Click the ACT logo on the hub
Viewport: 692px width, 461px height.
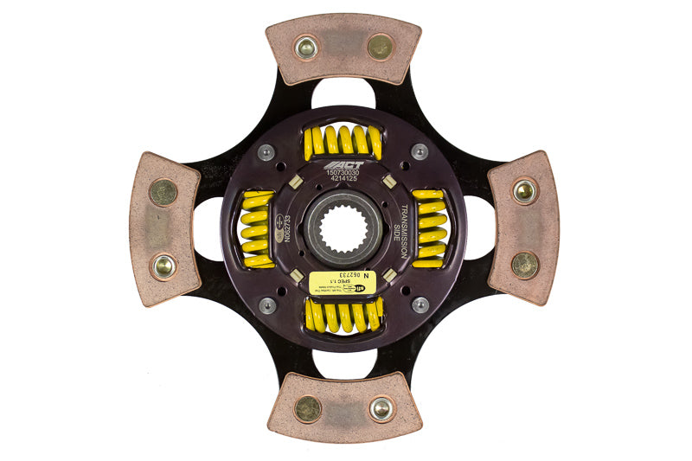point(345,164)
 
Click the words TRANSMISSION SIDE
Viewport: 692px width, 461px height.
point(403,227)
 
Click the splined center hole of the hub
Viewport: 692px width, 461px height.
point(344,230)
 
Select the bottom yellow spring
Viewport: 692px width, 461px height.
point(343,316)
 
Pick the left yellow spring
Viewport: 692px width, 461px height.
point(257,228)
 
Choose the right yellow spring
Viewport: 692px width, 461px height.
point(430,227)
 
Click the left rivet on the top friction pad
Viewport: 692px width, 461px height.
point(304,47)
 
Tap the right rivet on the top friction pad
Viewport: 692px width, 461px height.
point(380,47)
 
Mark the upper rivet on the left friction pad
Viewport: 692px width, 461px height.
point(163,192)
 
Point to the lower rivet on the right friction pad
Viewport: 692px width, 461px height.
point(524,265)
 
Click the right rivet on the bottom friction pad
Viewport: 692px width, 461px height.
point(381,408)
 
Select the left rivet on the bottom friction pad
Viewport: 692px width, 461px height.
point(307,408)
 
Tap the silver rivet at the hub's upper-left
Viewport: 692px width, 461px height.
point(267,152)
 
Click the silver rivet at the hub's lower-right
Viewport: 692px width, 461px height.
point(420,304)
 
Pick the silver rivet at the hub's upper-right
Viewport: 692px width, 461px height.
point(420,152)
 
